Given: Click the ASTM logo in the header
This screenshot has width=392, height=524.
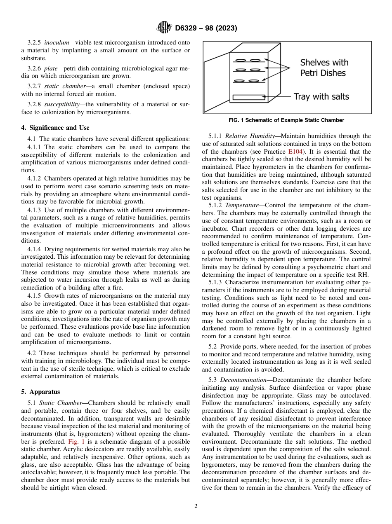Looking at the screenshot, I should tap(164, 28).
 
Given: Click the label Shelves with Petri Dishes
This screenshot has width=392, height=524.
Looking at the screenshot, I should tap(324, 68).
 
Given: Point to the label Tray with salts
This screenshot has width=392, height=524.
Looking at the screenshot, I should tap(321, 97).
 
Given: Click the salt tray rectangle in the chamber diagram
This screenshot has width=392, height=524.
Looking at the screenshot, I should tap(248, 97).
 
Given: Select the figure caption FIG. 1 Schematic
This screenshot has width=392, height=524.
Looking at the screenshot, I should tap(286, 120).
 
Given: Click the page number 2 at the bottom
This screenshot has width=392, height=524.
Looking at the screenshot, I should tap(196, 506).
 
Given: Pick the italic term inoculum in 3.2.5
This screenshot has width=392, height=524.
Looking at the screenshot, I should tap(57, 42).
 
